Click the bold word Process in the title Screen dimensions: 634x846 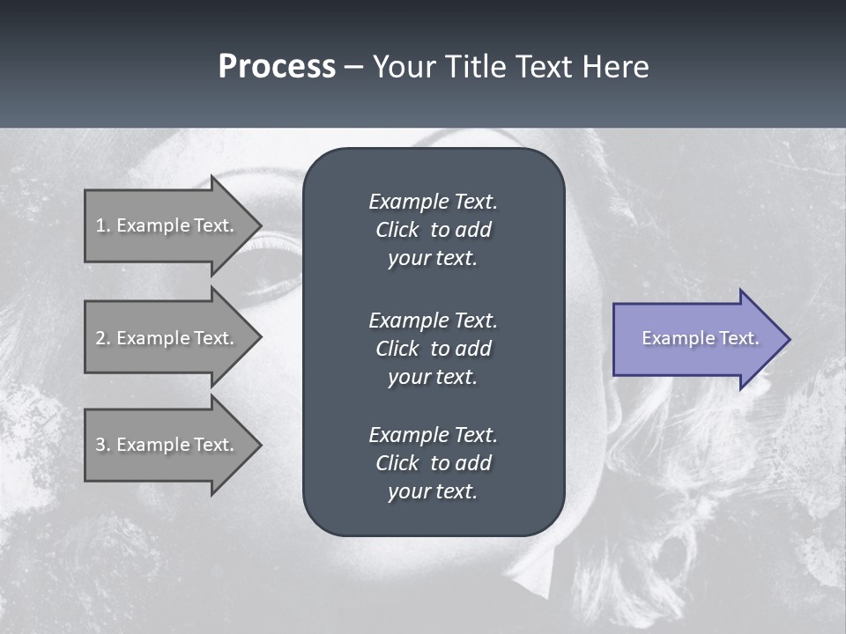pyautogui.click(x=277, y=66)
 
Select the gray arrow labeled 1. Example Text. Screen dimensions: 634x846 pyautogui.click(x=167, y=225)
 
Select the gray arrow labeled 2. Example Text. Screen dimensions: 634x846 pyautogui.click(x=167, y=338)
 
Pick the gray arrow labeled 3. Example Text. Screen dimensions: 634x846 pyautogui.click(x=167, y=445)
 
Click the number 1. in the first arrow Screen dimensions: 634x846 pyautogui.click(x=103, y=225)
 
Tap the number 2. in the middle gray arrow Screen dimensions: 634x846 pyautogui.click(x=103, y=338)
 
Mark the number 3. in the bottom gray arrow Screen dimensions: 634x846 pyautogui.click(x=103, y=445)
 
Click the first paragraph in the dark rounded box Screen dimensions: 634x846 pyautogui.click(x=433, y=230)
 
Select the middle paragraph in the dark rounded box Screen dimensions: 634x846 pyautogui.click(x=433, y=349)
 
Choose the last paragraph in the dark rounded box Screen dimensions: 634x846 pyautogui.click(x=433, y=463)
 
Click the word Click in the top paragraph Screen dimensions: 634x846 pyautogui.click(x=397, y=230)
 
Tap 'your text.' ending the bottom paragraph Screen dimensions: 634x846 pyautogui.click(x=433, y=492)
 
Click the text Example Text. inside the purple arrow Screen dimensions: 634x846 pyautogui.click(x=700, y=338)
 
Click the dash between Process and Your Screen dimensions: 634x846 pyautogui.click(x=353, y=67)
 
